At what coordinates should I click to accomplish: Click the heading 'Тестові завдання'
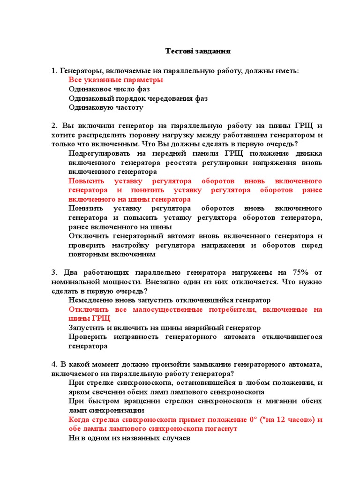198,51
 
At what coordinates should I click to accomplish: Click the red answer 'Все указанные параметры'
116,80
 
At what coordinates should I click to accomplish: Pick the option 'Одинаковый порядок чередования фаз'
138,98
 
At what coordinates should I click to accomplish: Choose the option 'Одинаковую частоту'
106,107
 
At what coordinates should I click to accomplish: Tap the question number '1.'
54,71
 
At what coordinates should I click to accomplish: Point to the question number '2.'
54,126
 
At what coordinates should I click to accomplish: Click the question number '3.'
54,273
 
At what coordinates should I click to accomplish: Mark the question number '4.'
54,364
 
